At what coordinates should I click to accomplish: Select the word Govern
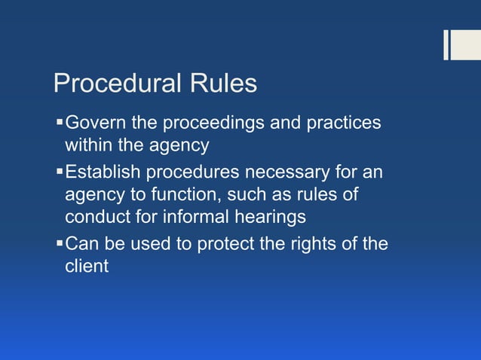coord(95,122)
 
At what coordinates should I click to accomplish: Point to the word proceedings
coord(214,122)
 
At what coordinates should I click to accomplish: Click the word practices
coord(342,122)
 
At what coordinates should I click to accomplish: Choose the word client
coord(86,267)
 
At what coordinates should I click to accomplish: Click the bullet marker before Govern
coord(60,122)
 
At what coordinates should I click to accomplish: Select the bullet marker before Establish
coord(60,172)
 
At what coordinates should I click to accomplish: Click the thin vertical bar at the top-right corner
coord(446,44)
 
